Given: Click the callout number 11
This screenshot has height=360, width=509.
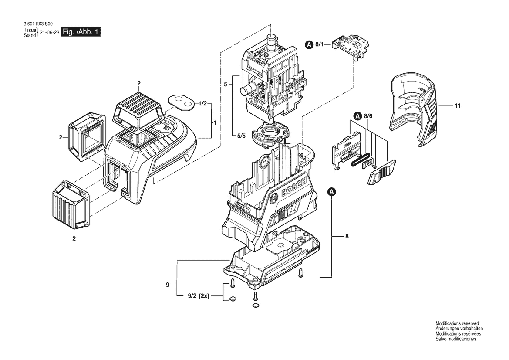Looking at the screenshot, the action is (x=458, y=105).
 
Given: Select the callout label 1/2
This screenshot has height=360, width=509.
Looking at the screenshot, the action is (x=202, y=104).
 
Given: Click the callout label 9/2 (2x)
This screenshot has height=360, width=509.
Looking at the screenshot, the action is (x=199, y=296).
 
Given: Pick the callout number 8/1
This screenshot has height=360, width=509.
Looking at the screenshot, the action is (x=320, y=44).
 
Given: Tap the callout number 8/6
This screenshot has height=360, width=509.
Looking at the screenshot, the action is (x=368, y=115).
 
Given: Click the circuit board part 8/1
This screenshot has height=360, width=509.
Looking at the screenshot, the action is (x=352, y=47).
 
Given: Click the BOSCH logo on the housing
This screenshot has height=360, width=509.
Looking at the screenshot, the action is (x=294, y=189).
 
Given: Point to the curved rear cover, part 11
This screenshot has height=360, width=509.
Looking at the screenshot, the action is (x=415, y=110).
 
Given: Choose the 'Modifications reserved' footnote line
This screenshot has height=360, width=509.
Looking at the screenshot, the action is (x=457, y=324).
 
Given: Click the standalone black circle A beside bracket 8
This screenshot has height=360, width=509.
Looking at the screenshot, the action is (x=332, y=192).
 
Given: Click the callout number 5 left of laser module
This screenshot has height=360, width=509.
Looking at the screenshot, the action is (x=225, y=84).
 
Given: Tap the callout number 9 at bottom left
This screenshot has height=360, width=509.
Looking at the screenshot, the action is (x=168, y=285).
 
